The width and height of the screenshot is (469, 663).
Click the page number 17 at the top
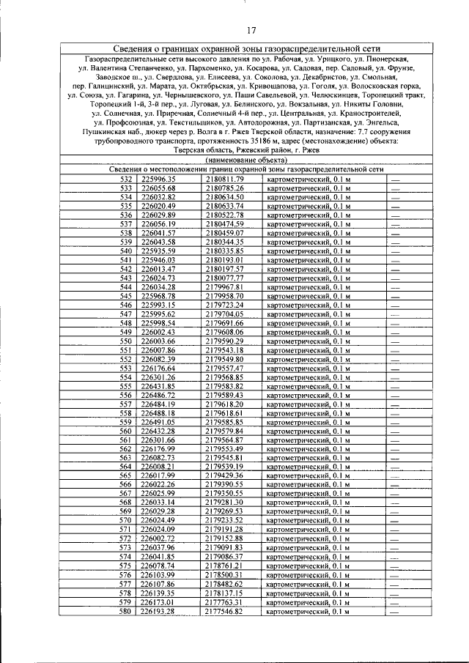[251, 30]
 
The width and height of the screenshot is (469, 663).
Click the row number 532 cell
[125, 179]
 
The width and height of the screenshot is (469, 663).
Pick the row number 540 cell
[125, 251]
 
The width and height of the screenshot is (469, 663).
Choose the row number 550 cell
[125, 341]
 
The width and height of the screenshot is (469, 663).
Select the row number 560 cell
[125, 431]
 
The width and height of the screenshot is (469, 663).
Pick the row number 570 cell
[125, 520]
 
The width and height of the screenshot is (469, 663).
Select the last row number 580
[125, 610]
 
